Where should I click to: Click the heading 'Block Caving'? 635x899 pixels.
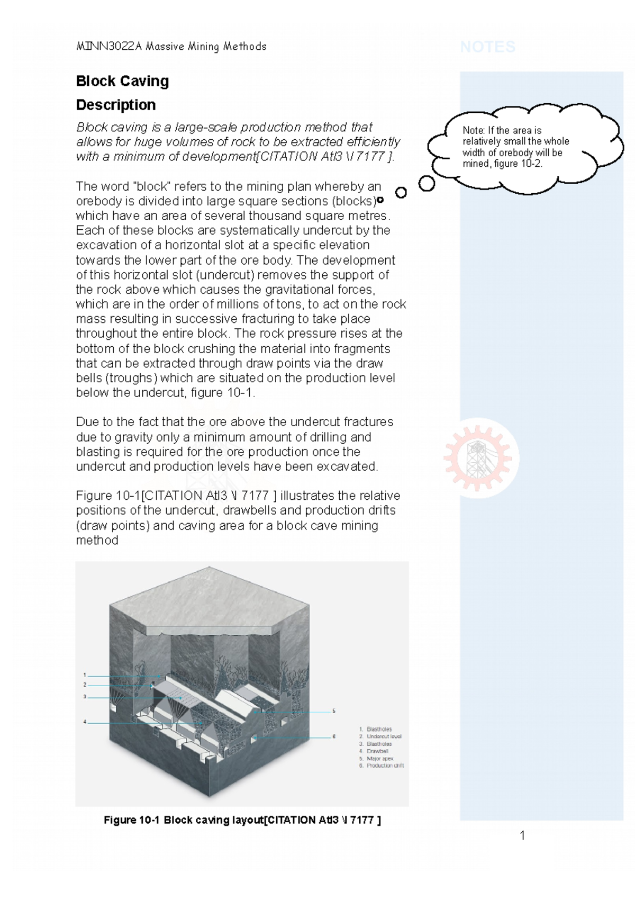click(x=122, y=81)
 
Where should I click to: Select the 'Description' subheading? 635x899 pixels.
click(x=115, y=105)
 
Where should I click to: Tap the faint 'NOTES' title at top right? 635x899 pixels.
click(x=487, y=47)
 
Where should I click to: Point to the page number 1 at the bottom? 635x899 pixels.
click(x=522, y=836)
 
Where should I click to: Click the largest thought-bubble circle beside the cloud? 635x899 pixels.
click(x=427, y=184)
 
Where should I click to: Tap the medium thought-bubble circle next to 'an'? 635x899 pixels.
click(x=401, y=193)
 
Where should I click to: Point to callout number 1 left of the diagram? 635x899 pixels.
click(x=85, y=675)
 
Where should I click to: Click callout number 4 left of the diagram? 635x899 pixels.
click(x=85, y=722)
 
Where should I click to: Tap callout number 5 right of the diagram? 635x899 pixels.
click(x=334, y=711)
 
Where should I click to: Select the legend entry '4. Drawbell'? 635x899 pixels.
click(x=377, y=751)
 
